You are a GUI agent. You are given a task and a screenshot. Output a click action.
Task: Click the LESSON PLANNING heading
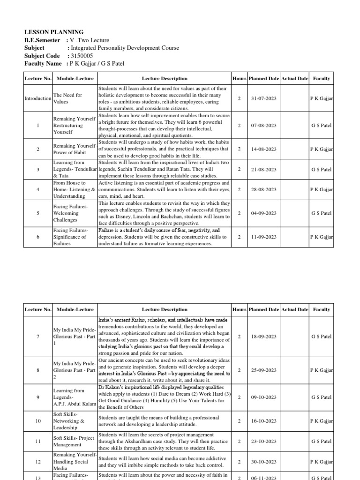pyautogui.click(x=54, y=32)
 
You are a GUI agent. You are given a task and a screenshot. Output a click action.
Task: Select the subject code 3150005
pyautogui.click(x=82, y=55)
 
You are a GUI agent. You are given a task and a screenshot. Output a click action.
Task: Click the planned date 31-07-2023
pyautogui.click(x=264, y=98)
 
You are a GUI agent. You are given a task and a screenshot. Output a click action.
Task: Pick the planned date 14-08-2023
pyautogui.click(x=264, y=149)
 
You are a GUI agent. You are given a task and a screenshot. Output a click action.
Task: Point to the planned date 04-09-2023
pyautogui.click(x=264, y=213)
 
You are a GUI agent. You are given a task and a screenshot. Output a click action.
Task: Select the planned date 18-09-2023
pyautogui.click(x=264, y=337)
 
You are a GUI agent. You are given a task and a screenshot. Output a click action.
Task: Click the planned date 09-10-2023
pyautogui.click(x=264, y=397)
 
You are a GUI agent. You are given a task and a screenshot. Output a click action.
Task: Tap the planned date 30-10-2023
pyautogui.click(x=264, y=462)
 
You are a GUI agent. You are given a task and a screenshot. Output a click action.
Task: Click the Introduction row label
pyautogui.click(x=38, y=98)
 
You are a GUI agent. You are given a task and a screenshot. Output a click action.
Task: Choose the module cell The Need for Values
pyautogui.click(x=68, y=98)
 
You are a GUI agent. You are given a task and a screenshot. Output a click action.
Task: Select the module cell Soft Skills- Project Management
pyautogui.click(x=74, y=441)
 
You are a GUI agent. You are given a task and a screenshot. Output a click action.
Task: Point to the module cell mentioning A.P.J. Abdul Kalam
pyautogui.click(x=74, y=397)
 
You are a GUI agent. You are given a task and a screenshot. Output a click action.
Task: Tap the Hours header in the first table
pyautogui.click(x=239, y=79)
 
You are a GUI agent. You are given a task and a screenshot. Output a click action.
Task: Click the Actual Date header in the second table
pyautogui.click(x=294, y=309)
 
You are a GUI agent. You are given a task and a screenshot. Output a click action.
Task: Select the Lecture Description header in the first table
pyautogui.click(x=164, y=79)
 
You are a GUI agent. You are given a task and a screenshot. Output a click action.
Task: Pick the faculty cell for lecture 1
pyautogui.click(x=321, y=126)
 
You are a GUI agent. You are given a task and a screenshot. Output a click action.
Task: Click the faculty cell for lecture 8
pyautogui.click(x=321, y=370)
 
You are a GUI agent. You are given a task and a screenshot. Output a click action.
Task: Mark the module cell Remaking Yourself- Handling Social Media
pyautogui.click(x=74, y=461)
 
